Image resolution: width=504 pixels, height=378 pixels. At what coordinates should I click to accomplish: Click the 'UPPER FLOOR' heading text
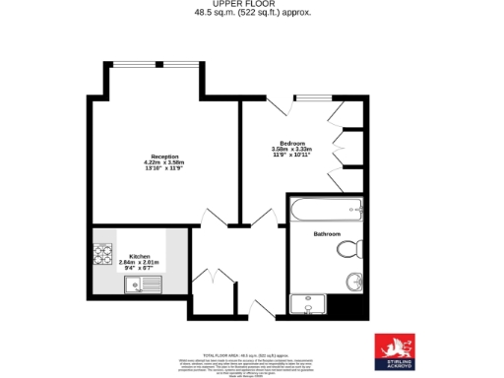coord(252,4)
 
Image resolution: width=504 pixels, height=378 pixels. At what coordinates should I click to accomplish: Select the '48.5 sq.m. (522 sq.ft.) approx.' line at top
coord(252,13)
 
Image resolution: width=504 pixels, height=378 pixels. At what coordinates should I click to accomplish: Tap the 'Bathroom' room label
coord(327,234)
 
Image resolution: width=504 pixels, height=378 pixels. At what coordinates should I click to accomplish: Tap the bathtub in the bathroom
coord(326,210)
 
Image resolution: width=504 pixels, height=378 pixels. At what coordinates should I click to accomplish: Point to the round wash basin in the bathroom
coord(354,283)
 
